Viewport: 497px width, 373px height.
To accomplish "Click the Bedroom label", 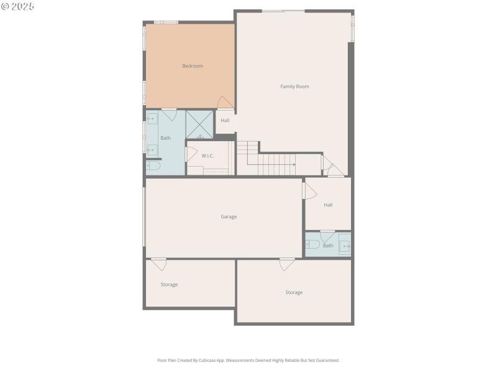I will point(193,66).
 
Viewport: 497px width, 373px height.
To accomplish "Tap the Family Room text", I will point(294,86).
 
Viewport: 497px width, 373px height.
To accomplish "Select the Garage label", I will point(229,217).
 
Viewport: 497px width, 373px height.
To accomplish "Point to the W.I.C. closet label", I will point(207,156).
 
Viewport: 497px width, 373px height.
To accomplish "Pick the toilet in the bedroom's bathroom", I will point(153,166).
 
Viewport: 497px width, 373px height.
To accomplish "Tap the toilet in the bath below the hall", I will point(312,244).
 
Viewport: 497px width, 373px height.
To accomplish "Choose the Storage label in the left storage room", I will point(169,285).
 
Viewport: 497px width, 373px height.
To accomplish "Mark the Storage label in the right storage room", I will point(294,292).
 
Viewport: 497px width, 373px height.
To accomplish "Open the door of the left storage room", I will point(159,264).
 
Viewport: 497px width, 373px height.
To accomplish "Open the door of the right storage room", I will point(287,264).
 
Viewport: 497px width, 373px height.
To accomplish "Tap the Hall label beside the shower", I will point(225,121).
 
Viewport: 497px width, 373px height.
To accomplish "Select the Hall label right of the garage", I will point(328,205).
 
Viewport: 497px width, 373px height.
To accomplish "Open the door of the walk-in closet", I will point(191,154).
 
